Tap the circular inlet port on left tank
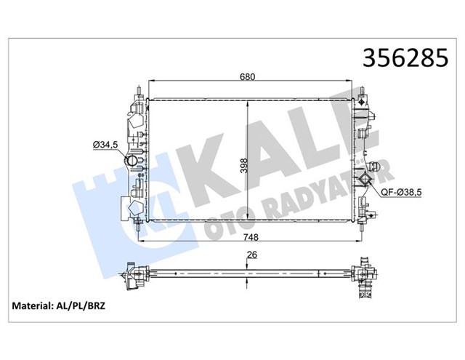pyautogui.click(x=132, y=161)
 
